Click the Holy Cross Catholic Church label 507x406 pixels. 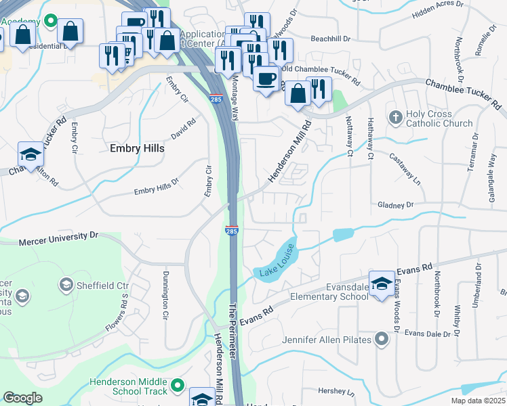439,118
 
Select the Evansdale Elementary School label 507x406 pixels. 329,291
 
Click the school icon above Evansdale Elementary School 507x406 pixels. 382,281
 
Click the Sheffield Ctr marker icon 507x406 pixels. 66,284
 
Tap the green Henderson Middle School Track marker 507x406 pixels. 178,386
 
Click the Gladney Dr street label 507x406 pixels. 395,204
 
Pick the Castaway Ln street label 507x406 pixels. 405,169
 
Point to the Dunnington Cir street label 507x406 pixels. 165,296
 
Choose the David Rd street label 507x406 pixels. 183,129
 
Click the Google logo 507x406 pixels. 23,398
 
